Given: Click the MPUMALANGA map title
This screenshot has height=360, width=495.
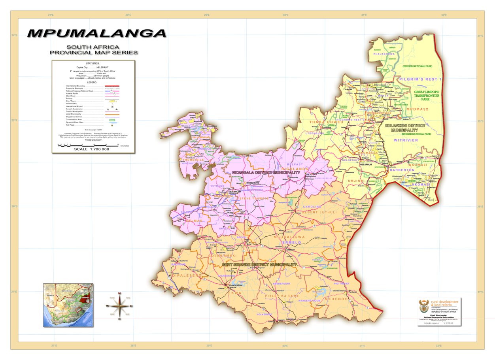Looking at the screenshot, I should pyautogui.click(x=97, y=34).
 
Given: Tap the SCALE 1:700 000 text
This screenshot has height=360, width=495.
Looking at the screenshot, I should pyautogui.click(x=92, y=149).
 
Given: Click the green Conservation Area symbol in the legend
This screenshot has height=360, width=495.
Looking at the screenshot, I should pyautogui.click(x=112, y=119).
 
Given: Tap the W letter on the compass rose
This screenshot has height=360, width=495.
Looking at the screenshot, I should pyautogui.click(x=107, y=306).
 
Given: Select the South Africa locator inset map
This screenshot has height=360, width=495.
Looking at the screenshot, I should pyautogui.click(x=68, y=305).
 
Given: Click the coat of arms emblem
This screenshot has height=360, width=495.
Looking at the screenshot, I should pyautogui.click(x=424, y=306).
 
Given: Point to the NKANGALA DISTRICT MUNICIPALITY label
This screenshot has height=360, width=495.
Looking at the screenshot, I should pyautogui.click(x=261, y=173).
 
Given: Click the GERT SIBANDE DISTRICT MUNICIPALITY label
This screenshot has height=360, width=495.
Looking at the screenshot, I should pyautogui.click(x=259, y=264).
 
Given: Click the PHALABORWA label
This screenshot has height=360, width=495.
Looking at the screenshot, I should pyautogui.click(x=384, y=54).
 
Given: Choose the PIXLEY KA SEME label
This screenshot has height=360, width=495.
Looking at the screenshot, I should pyautogui.click(x=282, y=296).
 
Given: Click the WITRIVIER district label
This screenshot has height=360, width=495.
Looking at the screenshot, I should pyautogui.click(x=406, y=140).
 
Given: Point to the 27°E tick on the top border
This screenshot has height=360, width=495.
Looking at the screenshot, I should pyautogui.click(x=51, y=15).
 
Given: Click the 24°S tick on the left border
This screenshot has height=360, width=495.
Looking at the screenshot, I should pyautogui.click(x=15, y=36).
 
